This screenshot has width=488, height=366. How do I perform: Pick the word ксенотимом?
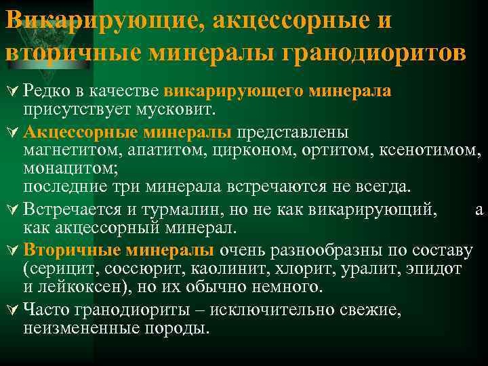pyautogui.click(x=437, y=148)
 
